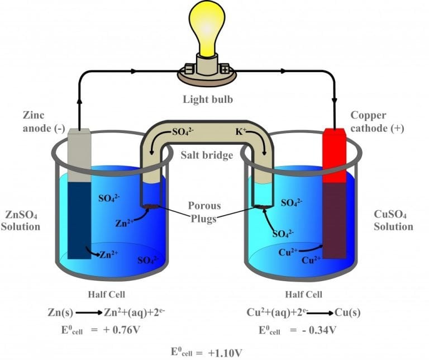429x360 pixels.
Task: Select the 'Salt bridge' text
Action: [x=207, y=155]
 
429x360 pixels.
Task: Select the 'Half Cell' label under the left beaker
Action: [x=105, y=294]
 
